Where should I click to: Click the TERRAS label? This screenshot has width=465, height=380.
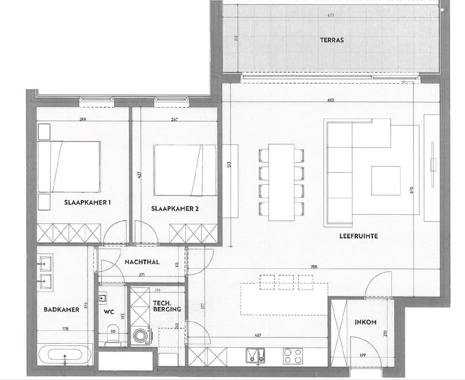(332, 40)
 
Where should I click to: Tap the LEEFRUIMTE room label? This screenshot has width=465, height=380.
(358, 236)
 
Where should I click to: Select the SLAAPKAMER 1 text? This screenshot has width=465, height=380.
(87, 203)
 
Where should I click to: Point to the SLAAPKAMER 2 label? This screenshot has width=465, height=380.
(175, 209)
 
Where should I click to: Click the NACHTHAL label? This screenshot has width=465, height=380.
(142, 262)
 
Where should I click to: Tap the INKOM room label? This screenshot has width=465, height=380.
(366, 322)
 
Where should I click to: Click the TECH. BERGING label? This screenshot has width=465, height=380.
(166, 306)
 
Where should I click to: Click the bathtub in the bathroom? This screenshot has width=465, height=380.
(65, 355)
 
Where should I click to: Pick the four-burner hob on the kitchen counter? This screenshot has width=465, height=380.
(292, 356)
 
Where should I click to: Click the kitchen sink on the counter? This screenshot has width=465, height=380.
(255, 355)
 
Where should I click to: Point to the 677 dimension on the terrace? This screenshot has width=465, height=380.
(331, 16)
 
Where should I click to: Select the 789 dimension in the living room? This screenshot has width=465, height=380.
(314, 267)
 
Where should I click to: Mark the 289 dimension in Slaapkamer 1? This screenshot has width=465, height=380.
(83, 119)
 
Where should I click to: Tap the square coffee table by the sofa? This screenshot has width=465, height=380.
(386, 181)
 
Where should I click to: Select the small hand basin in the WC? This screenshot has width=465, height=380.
(102, 298)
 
